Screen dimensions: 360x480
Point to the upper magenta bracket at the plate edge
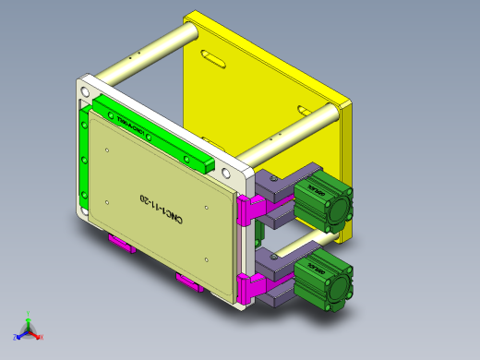click(247, 210)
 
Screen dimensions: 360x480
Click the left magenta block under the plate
click(121, 244)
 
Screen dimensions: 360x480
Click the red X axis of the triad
click(36, 337)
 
